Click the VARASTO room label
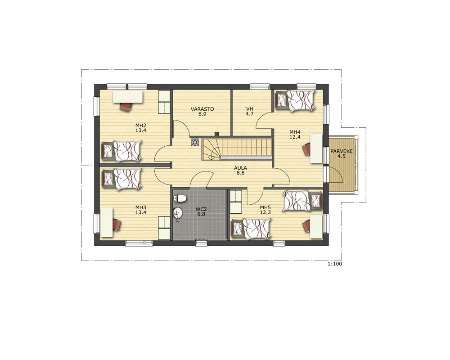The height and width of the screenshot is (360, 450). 202,109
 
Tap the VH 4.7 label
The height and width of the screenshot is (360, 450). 250,112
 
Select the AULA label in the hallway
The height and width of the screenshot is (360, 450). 240,168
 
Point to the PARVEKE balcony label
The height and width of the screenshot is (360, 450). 342,151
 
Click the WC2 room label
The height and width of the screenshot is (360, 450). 201,209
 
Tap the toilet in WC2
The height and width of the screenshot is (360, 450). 180,198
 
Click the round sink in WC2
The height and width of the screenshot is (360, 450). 178,212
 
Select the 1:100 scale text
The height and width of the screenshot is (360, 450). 335,264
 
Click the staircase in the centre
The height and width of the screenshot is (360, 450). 237,148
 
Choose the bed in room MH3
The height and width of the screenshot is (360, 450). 121,179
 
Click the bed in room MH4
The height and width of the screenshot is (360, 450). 295,100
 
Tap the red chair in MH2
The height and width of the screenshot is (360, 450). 126,106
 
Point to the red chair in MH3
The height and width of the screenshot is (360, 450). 117,224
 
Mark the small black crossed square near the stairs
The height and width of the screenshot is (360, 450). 217,134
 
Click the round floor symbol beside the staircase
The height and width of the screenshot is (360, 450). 195,142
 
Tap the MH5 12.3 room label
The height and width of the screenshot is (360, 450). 265,210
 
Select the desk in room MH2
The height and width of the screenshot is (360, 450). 128,97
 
